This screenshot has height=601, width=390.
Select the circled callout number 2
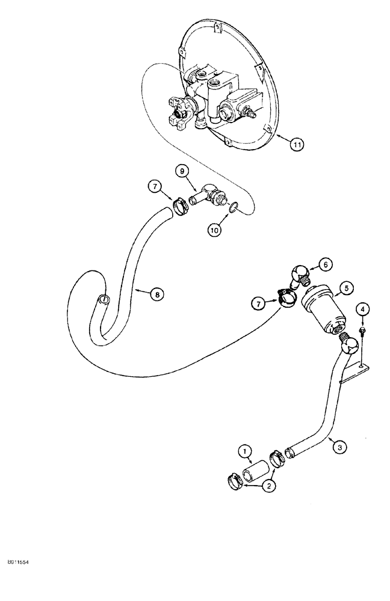pos(270,487)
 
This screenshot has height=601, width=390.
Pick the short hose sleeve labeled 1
pos(255,467)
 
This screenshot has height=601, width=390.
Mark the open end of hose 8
pos(104,298)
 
